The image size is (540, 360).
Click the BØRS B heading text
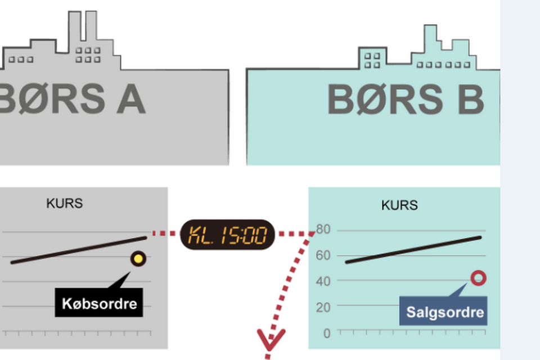406,100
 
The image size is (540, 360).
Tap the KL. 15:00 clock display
227,234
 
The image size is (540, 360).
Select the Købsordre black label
99,304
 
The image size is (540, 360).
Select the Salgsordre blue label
444,312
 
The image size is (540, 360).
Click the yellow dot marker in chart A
138,259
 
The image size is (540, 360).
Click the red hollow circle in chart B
478,278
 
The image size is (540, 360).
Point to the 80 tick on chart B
323,229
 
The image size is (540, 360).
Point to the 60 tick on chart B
323,256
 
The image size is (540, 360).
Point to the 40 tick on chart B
323,281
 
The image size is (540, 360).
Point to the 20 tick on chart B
323,307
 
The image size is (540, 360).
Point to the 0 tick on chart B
326,333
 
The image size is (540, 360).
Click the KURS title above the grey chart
65,203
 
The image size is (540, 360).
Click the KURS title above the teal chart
399,205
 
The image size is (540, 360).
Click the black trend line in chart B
413,250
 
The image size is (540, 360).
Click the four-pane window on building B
372,60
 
